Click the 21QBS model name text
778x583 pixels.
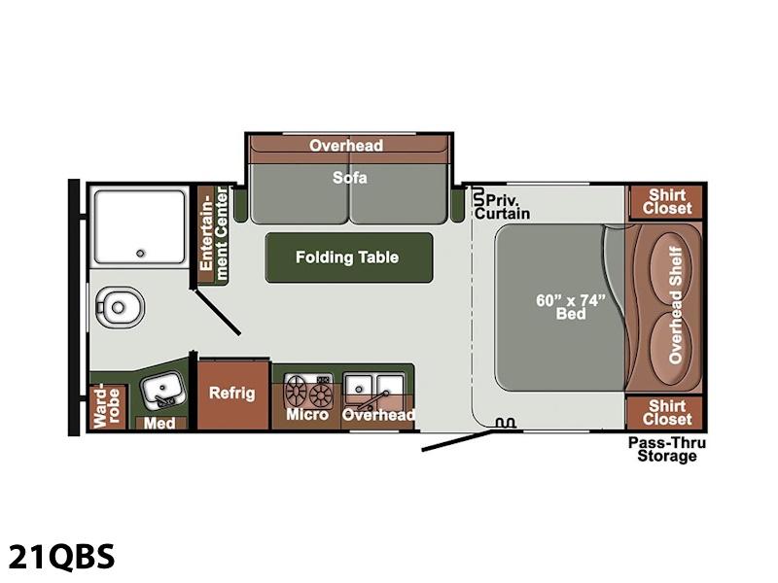(61, 556)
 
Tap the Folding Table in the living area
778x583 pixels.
(349, 257)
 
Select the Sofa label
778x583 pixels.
(350, 178)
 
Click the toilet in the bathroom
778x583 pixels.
(120, 307)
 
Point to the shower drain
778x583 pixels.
(140, 254)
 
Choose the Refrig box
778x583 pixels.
(232, 394)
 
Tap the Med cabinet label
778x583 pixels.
(159, 423)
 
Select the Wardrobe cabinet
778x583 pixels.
(108, 406)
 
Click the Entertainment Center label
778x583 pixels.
(214, 234)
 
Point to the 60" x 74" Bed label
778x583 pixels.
(571, 307)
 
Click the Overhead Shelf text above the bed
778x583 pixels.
(675, 305)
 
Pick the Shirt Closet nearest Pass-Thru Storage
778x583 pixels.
(666, 412)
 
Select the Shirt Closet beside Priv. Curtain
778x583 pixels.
(666, 202)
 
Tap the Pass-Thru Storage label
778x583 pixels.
(666, 449)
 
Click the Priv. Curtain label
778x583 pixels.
(502, 207)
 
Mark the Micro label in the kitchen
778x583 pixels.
(307, 415)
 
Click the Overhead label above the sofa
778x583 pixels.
(346, 145)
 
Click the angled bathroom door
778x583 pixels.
(217, 312)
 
